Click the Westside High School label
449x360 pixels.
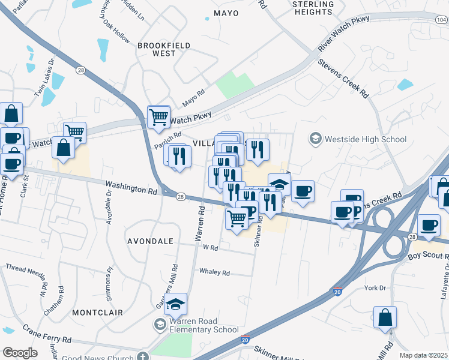pyautogui.click(x=365, y=140)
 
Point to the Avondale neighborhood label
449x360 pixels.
pyautogui.click(x=150, y=241)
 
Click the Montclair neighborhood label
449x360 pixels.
pyautogui.click(x=98, y=313)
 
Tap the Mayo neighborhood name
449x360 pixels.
pyautogui.click(x=226, y=13)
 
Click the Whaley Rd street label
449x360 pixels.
pyautogui.click(x=214, y=272)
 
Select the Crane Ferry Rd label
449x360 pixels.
pyautogui.click(x=47, y=335)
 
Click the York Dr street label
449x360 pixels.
pyautogui.click(x=375, y=288)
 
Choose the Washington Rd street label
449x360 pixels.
pyautogui.click(x=131, y=187)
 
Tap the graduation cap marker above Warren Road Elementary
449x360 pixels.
pyautogui.click(x=176, y=304)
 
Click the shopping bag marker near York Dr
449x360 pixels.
pyautogui.click(x=385, y=317)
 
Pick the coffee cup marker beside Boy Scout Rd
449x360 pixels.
pyautogui.click(x=429, y=225)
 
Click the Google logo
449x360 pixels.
pyautogui.click(x=20, y=353)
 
